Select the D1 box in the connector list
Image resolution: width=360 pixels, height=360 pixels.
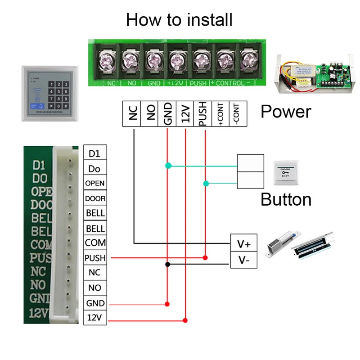[95, 153]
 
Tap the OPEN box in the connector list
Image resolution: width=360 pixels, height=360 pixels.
[95, 183]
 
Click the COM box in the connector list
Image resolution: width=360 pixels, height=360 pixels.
[95, 243]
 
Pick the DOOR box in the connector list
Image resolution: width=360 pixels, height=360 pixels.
[95, 198]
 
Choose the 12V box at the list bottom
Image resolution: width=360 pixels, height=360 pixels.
[95, 318]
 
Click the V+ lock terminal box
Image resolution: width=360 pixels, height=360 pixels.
[244, 244]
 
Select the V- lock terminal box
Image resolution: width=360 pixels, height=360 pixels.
[244, 260]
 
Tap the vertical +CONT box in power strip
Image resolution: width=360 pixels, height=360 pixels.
[220, 114]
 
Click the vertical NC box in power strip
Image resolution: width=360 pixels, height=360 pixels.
[132, 114]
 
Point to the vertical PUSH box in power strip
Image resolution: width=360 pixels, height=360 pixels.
[202, 114]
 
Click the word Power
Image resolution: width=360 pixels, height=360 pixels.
[286, 111]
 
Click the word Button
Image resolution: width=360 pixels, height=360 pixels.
[286, 199]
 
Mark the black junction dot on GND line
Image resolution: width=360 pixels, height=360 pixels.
[167, 264]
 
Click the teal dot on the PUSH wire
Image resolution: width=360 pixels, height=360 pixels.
[206, 183]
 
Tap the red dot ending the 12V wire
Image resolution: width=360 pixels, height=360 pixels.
[185, 320]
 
